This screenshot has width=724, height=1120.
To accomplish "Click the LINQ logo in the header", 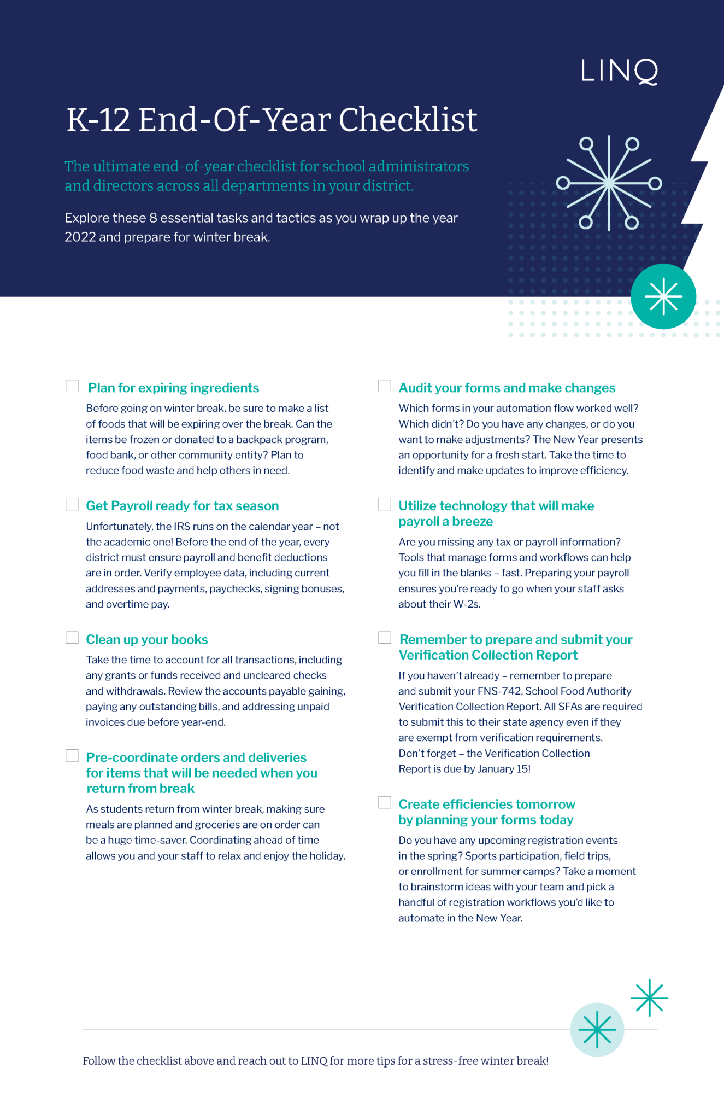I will point(619,72).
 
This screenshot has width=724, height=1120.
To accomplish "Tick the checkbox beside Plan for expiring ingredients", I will point(72,386).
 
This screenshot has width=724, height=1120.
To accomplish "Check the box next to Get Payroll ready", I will point(72,504).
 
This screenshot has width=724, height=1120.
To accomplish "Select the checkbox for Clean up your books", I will point(72,638).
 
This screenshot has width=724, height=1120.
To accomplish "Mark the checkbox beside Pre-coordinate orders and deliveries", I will point(72,756).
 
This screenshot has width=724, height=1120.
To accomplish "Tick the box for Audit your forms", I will point(385,386).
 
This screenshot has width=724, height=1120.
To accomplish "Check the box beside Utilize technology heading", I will point(385,504).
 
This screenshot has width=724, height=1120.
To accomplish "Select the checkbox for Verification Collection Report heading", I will point(385,638).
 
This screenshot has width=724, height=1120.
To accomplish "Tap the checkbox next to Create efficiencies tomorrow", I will point(385,802).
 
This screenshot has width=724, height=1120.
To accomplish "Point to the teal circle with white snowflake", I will point(663,296).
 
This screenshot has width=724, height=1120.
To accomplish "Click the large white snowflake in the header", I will point(609,183).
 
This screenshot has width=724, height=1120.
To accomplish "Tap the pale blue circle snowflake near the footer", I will point(597,1029).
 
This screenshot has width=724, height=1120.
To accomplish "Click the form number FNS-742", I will point(499,691).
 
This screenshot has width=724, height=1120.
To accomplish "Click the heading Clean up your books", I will point(147,639).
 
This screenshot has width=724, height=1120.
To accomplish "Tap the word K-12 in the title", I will point(98,120).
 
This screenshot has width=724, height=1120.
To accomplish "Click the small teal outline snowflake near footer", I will point(649,997).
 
